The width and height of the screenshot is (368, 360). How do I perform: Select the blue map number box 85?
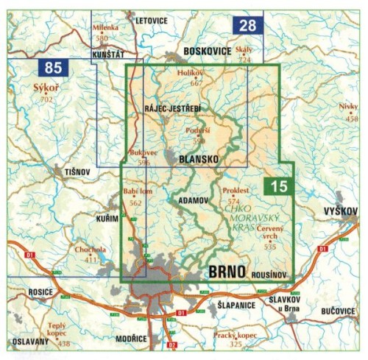pyautogui.click(x=53, y=69)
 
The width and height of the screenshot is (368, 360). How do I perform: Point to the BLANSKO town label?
pyautogui.click(x=193, y=158)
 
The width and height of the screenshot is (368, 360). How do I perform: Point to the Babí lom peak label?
pyautogui.click(x=130, y=193)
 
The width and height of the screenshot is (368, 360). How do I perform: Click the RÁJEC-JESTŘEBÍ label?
pyautogui.click(x=173, y=109)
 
